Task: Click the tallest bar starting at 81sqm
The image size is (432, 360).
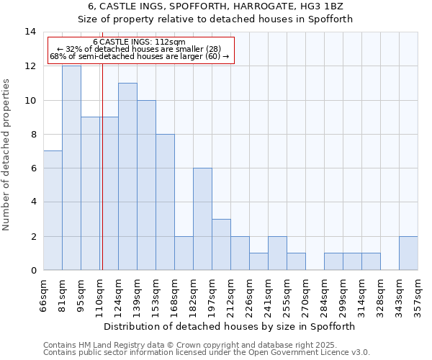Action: [71, 168]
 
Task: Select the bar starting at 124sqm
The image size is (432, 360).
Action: [127, 176]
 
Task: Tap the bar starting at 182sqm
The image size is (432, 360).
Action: [202, 219]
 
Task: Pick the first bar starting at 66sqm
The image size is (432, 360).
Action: [53, 210]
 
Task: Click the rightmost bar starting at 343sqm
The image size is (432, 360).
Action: [408, 253]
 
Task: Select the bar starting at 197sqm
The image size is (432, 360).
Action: [221, 245]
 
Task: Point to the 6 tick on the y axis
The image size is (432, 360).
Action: [33, 168]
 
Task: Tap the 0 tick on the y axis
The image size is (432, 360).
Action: [33, 271]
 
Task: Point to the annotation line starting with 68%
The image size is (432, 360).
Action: [139, 56]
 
